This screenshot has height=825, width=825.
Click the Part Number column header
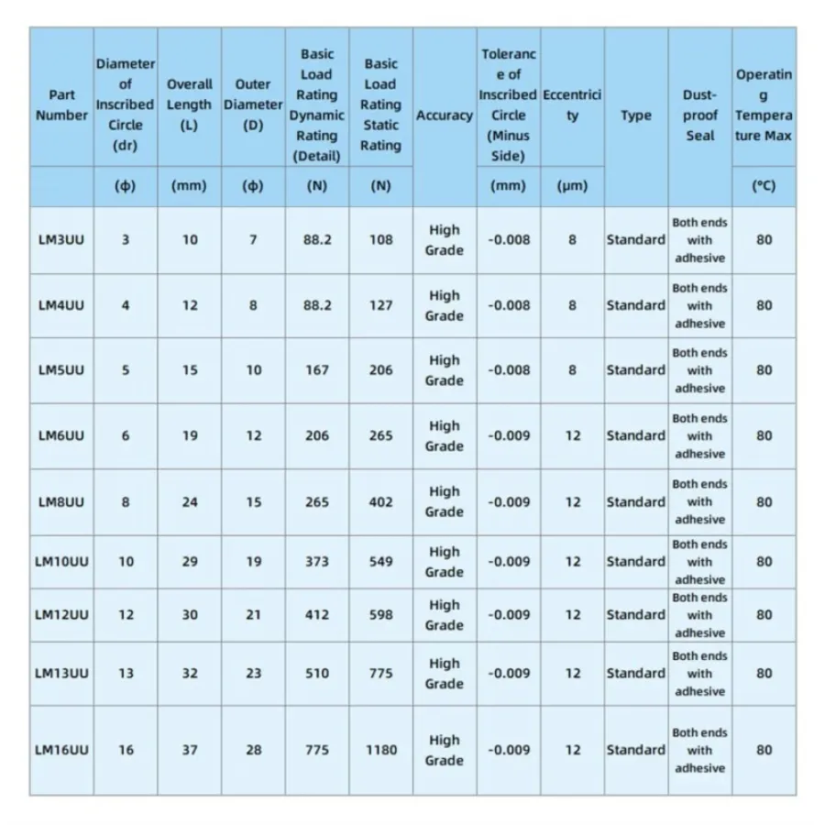point(61,105)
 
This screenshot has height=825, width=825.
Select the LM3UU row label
point(61,240)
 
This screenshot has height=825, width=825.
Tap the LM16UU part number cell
point(61,750)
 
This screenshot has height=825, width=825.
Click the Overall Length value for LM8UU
point(190,502)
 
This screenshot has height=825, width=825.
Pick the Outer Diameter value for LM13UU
point(254,674)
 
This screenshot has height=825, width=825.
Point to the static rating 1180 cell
point(381,750)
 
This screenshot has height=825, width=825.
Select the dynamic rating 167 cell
point(317,371)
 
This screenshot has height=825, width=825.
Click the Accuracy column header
point(445,115)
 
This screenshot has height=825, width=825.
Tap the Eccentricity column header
point(572,105)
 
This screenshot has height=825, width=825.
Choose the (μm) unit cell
point(572,186)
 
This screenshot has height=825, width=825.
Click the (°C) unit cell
point(764,186)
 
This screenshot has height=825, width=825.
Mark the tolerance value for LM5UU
point(509,371)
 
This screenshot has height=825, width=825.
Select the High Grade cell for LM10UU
point(445,562)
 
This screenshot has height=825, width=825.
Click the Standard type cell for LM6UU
point(636,436)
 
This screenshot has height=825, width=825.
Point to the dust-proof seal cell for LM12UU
point(699,615)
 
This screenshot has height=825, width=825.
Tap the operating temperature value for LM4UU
point(764,305)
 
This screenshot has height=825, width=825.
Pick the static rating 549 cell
point(381,562)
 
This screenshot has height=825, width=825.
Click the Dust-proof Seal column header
point(699,115)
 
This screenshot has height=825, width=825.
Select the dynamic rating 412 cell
point(317,615)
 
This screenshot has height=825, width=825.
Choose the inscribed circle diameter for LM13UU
point(126,674)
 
